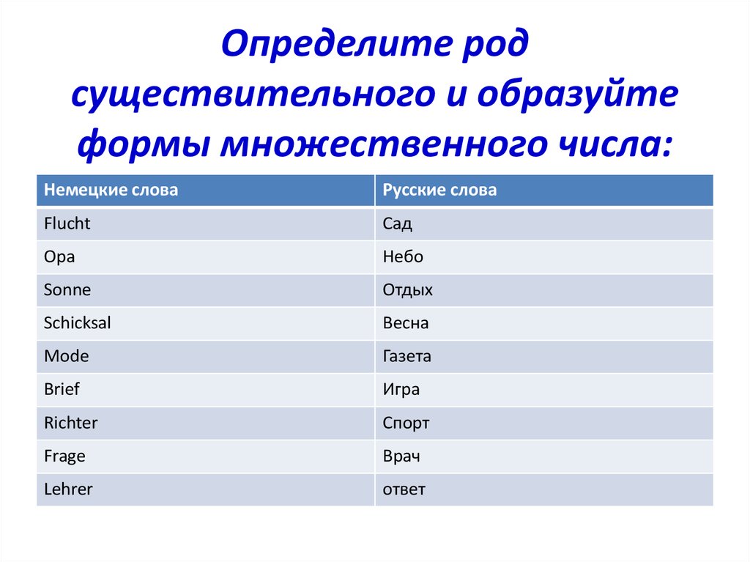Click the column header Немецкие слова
tap(111, 190)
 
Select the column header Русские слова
tap(439, 190)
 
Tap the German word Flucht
tap(67, 223)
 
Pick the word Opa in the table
tap(59, 257)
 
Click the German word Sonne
tap(67, 289)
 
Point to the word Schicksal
tap(78, 322)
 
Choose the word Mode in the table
tap(67, 356)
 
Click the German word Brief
tap(62, 389)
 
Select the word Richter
tap(71, 423)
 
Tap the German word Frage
tap(64, 456)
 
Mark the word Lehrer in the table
tap(68, 489)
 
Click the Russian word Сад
tap(398, 223)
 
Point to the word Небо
tap(403, 256)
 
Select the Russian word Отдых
tap(407, 290)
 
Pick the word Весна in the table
tap(406, 323)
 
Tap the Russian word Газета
tap(407, 356)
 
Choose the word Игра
tap(401, 390)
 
